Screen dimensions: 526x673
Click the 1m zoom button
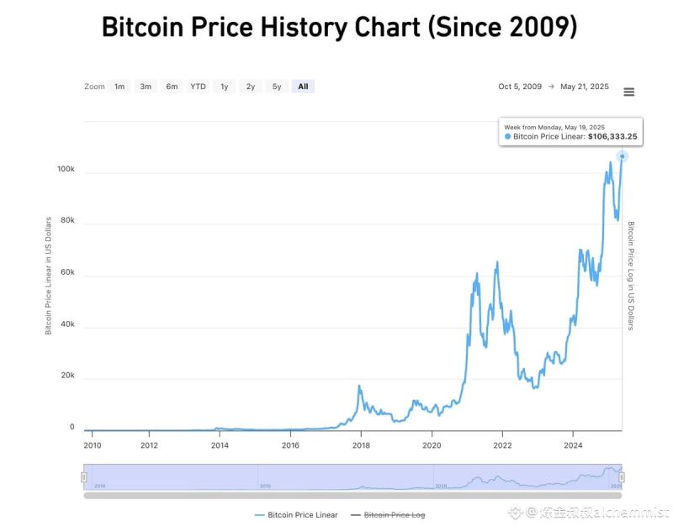click(x=119, y=87)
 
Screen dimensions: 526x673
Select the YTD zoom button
click(x=198, y=87)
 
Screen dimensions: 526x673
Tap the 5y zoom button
click(x=277, y=87)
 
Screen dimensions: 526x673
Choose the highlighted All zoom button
click(x=303, y=87)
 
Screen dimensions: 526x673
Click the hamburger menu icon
click(x=628, y=92)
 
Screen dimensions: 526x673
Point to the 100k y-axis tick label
click(x=66, y=170)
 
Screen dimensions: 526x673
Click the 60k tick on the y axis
click(x=67, y=273)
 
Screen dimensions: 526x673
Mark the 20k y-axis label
click(x=67, y=376)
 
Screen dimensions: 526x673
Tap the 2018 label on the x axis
click(x=361, y=445)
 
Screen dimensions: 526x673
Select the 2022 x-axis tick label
click(x=502, y=445)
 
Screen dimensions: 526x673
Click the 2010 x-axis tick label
click(x=93, y=445)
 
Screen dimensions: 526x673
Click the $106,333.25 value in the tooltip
click(x=612, y=136)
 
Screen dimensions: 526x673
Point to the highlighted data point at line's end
click(x=623, y=156)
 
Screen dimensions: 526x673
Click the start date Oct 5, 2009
click(x=520, y=87)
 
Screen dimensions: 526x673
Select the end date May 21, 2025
click(x=585, y=87)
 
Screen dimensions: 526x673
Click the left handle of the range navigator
click(x=83, y=477)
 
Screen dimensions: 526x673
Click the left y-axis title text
click(x=48, y=274)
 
